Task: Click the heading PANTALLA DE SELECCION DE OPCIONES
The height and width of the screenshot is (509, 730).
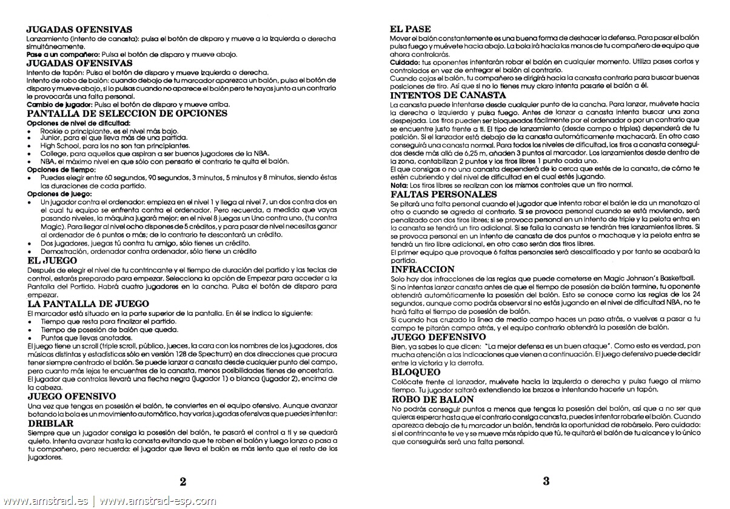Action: [x=128, y=113]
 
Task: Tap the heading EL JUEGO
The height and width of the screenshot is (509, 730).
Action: [x=52, y=261]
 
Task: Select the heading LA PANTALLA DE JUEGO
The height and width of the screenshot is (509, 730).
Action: [x=89, y=303]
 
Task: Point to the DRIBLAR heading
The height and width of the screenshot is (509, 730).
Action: [x=51, y=424]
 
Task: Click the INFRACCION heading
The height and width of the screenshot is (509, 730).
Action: [x=423, y=268]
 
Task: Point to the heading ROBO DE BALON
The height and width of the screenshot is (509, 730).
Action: [x=432, y=399]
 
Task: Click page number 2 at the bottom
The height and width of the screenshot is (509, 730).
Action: [x=182, y=482]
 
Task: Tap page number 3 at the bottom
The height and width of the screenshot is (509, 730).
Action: [x=546, y=482]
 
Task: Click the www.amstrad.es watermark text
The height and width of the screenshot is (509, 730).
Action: [x=45, y=501]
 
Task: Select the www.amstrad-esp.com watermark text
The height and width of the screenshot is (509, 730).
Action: [x=157, y=501]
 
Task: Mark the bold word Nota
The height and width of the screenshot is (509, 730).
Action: [x=399, y=185]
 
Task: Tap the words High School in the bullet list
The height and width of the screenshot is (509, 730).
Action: [x=61, y=145]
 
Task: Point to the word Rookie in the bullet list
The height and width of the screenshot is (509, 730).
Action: [x=52, y=130]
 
